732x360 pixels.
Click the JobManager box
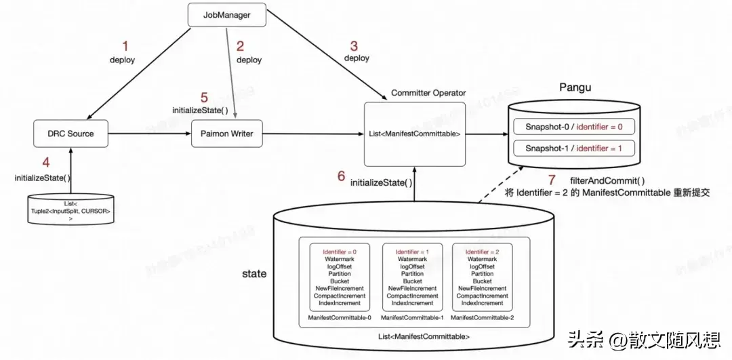[226, 14]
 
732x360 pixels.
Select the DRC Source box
[70, 134]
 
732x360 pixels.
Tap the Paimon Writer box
[226, 134]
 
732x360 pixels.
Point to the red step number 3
[354, 46]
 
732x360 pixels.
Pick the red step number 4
[46, 163]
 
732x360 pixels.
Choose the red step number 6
[341, 176]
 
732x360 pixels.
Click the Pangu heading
[576, 89]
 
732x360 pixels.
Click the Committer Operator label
[428, 93]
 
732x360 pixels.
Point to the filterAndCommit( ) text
[607, 180]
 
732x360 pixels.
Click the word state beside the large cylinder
[254, 274]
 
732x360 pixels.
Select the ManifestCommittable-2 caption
[482, 317]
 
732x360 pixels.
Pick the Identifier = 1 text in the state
[412, 252]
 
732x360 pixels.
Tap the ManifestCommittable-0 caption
[340, 317]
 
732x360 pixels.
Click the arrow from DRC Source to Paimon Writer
[150, 134]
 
